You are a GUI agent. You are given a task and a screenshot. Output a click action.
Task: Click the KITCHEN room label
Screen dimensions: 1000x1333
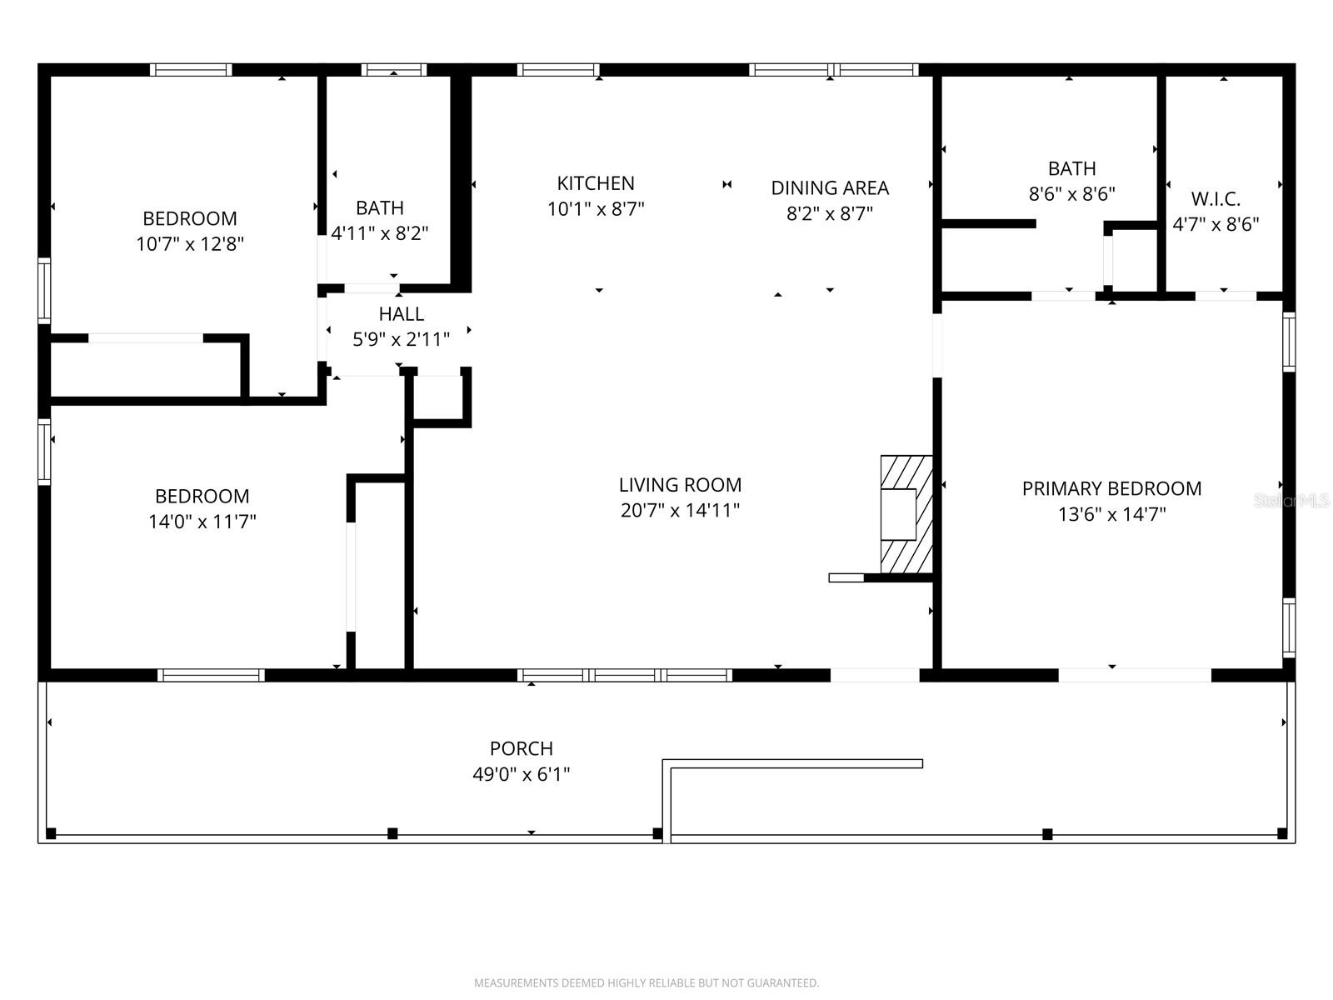tap(596, 183)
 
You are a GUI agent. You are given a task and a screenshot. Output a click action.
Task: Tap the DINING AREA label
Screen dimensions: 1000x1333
tap(830, 188)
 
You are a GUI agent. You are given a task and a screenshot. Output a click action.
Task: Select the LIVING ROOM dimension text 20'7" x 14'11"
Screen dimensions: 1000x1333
tap(680, 510)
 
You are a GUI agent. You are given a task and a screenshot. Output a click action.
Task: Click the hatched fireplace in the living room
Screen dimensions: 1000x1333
tap(906, 514)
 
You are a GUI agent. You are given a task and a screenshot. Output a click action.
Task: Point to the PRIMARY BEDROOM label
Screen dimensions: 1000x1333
tap(1111, 488)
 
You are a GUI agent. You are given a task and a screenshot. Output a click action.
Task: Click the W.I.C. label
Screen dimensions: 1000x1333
tap(1216, 199)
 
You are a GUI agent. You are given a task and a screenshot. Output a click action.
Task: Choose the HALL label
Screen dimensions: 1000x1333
tap(402, 314)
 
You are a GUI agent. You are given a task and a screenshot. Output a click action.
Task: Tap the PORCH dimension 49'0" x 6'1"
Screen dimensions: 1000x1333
tap(522, 774)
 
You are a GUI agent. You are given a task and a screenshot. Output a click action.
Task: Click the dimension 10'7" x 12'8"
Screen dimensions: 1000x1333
tap(190, 244)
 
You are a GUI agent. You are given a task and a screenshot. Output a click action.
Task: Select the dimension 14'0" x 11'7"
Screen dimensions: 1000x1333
tap(202, 522)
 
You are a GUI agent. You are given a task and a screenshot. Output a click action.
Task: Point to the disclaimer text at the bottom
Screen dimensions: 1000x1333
tap(647, 983)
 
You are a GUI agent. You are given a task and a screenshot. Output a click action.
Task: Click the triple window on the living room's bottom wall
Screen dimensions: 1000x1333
tap(625, 675)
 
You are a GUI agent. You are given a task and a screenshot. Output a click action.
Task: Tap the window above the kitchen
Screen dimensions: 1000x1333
tap(558, 70)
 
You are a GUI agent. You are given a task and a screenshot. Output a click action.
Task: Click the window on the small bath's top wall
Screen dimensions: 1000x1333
tap(394, 70)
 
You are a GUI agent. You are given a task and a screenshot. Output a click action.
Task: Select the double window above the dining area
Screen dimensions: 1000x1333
tap(833, 70)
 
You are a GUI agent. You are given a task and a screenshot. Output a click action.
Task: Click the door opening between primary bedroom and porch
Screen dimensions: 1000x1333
tap(1135, 675)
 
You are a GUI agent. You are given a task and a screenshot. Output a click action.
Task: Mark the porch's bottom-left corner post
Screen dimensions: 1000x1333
tap(51, 833)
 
